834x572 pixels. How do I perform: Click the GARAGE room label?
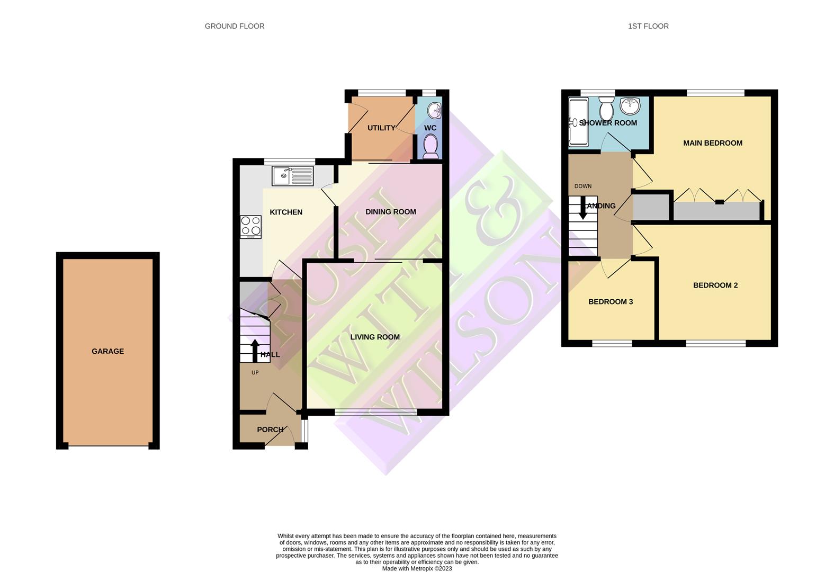(x=107, y=351)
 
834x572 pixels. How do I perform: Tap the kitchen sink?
(x=292, y=176)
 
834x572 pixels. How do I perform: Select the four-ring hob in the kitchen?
(x=250, y=226)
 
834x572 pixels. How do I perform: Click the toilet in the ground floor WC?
(x=431, y=145)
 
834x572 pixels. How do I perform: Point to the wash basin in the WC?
(x=435, y=111)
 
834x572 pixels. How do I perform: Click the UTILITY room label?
(x=381, y=128)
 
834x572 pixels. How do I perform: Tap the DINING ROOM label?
(x=390, y=212)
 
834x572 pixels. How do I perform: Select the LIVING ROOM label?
(x=374, y=337)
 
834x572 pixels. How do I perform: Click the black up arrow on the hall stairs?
(x=255, y=350)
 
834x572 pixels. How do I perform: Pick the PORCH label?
(x=270, y=430)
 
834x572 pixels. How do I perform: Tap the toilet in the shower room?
(x=606, y=110)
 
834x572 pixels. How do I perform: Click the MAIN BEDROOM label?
(x=712, y=143)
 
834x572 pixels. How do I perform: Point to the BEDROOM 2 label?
(x=715, y=285)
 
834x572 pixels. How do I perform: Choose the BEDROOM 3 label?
(x=611, y=302)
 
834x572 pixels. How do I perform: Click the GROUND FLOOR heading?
(x=235, y=26)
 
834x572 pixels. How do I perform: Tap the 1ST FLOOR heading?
(x=648, y=26)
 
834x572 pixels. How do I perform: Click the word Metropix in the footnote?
(x=422, y=569)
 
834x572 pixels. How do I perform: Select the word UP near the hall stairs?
(x=255, y=373)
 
